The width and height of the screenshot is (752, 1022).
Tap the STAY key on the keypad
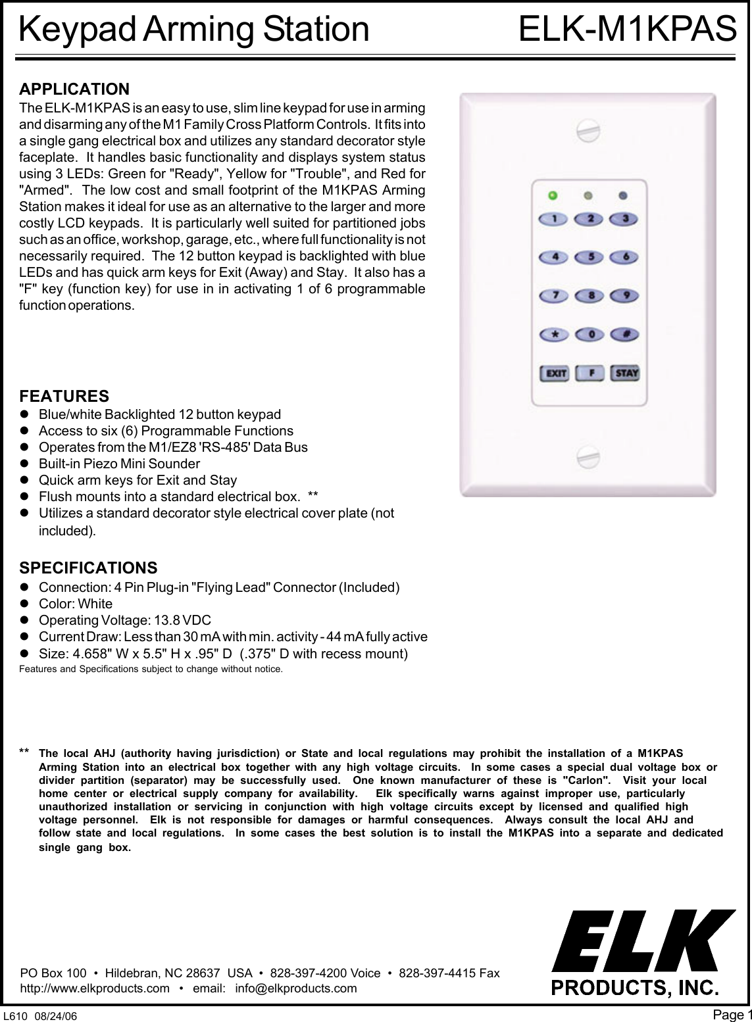pyautogui.click(x=626, y=374)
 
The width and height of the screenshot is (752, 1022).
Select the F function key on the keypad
pyautogui.click(x=591, y=374)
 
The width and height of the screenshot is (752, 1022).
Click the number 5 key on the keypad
pyautogui.click(x=591, y=256)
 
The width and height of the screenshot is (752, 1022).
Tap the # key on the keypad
pyautogui.click(x=626, y=335)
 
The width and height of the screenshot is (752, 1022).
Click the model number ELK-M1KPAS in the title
pyautogui.click(x=627, y=30)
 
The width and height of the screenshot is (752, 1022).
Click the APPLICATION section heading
pyautogui.click(x=74, y=89)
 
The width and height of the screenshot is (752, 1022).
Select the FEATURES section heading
pyautogui.click(x=64, y=397)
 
